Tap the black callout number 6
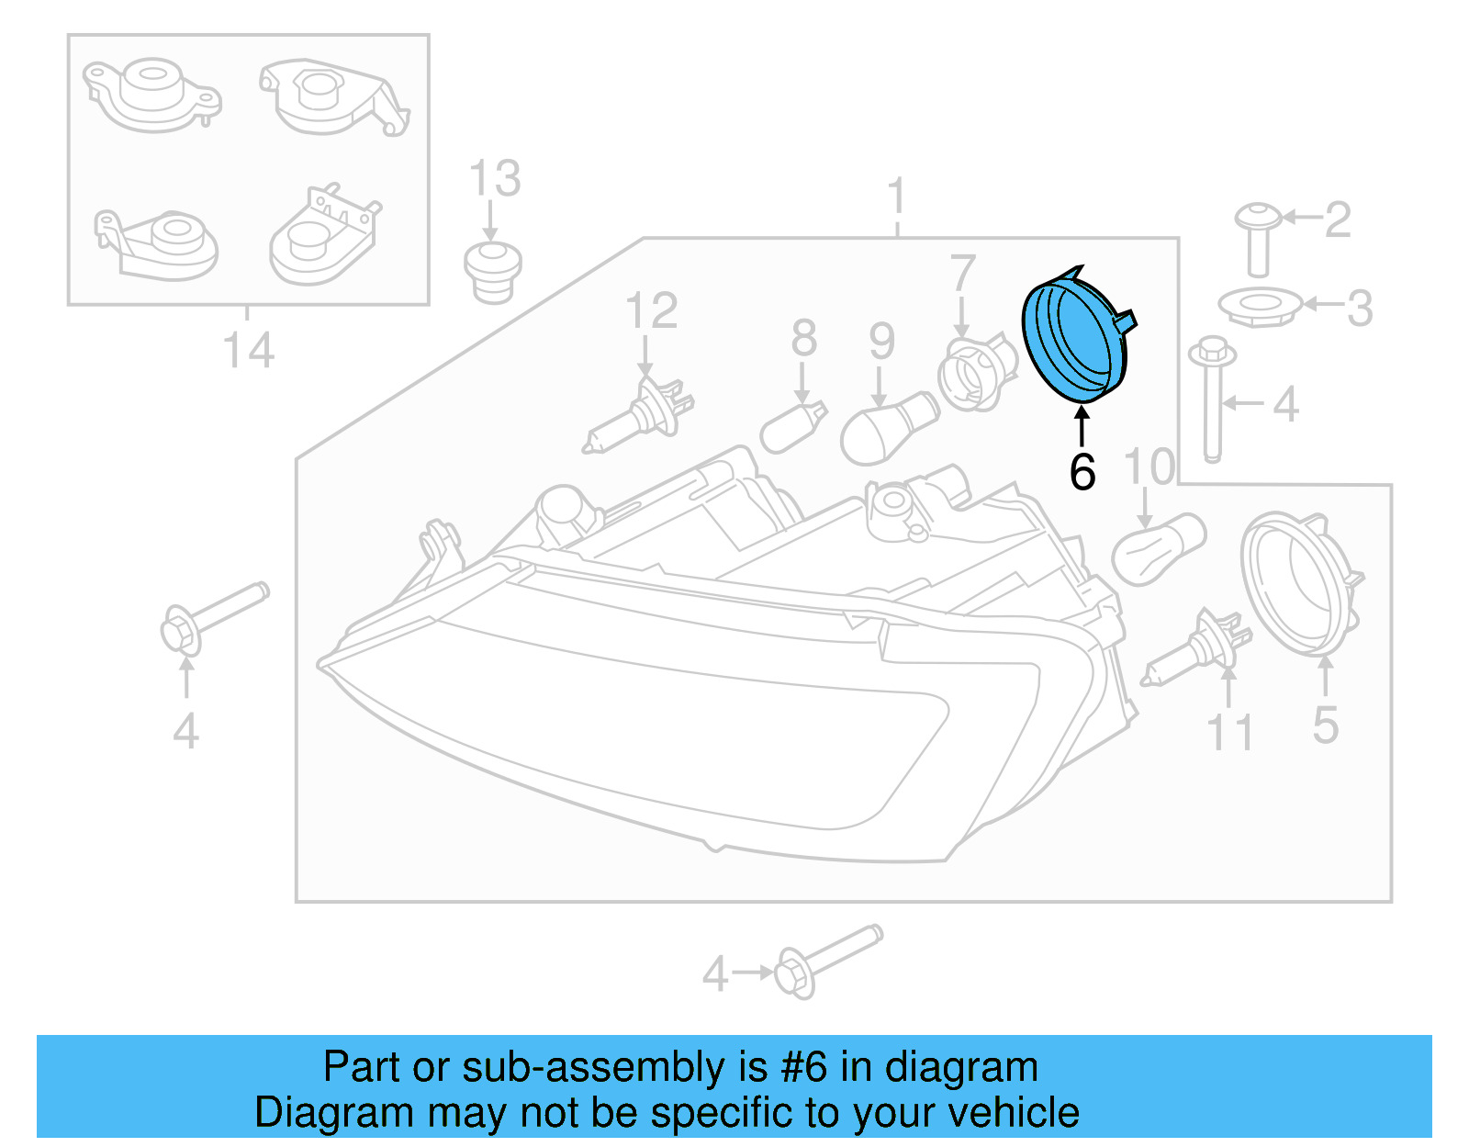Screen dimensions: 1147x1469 [x=1082, y=472]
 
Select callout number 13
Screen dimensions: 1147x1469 [x=495, y=178]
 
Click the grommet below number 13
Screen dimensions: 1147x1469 [x=493, y=272]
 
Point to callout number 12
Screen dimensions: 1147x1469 [x=651, y=311]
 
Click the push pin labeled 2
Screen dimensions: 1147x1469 [x=1258, y=239]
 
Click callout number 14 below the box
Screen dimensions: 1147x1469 [x=248, y=351]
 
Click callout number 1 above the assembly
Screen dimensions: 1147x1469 [x=897, y=198]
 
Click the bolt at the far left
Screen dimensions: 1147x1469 [x=211, y=615]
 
